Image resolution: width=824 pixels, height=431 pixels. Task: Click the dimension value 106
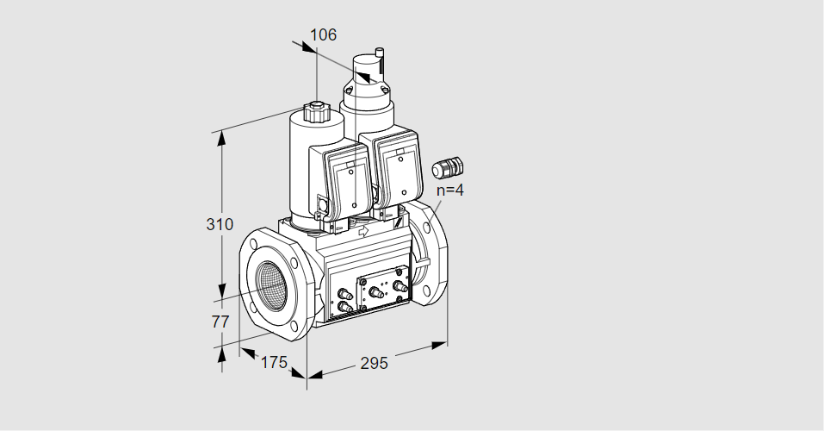click(x=323, y=34)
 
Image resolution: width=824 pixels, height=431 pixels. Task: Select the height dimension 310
click(x=220, y=224)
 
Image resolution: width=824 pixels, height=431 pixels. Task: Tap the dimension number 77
click(x=220, y=322)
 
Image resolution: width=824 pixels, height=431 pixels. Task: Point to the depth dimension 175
click(x=274, y=362)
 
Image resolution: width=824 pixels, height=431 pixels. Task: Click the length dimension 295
click(x=374, y=363)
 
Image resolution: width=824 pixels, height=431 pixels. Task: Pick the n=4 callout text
click(x=450, y=190)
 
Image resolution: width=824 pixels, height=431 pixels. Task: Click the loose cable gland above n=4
click(x=447, y=167)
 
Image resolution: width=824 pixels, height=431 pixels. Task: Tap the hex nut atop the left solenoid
click(x=316, y=111)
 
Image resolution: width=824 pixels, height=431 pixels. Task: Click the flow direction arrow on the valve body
click(x=363, y=230)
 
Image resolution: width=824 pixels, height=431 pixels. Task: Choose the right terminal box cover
click(x=400, y=170)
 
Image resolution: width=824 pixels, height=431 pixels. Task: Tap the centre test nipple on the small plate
click(x=377, y=293)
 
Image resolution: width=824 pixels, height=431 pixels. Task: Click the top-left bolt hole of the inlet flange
click(x=254, y=245)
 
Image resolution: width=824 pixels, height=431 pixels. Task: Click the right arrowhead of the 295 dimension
click(x=439, y=345)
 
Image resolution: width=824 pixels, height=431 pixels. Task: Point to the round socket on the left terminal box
click(x=322, y=203)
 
